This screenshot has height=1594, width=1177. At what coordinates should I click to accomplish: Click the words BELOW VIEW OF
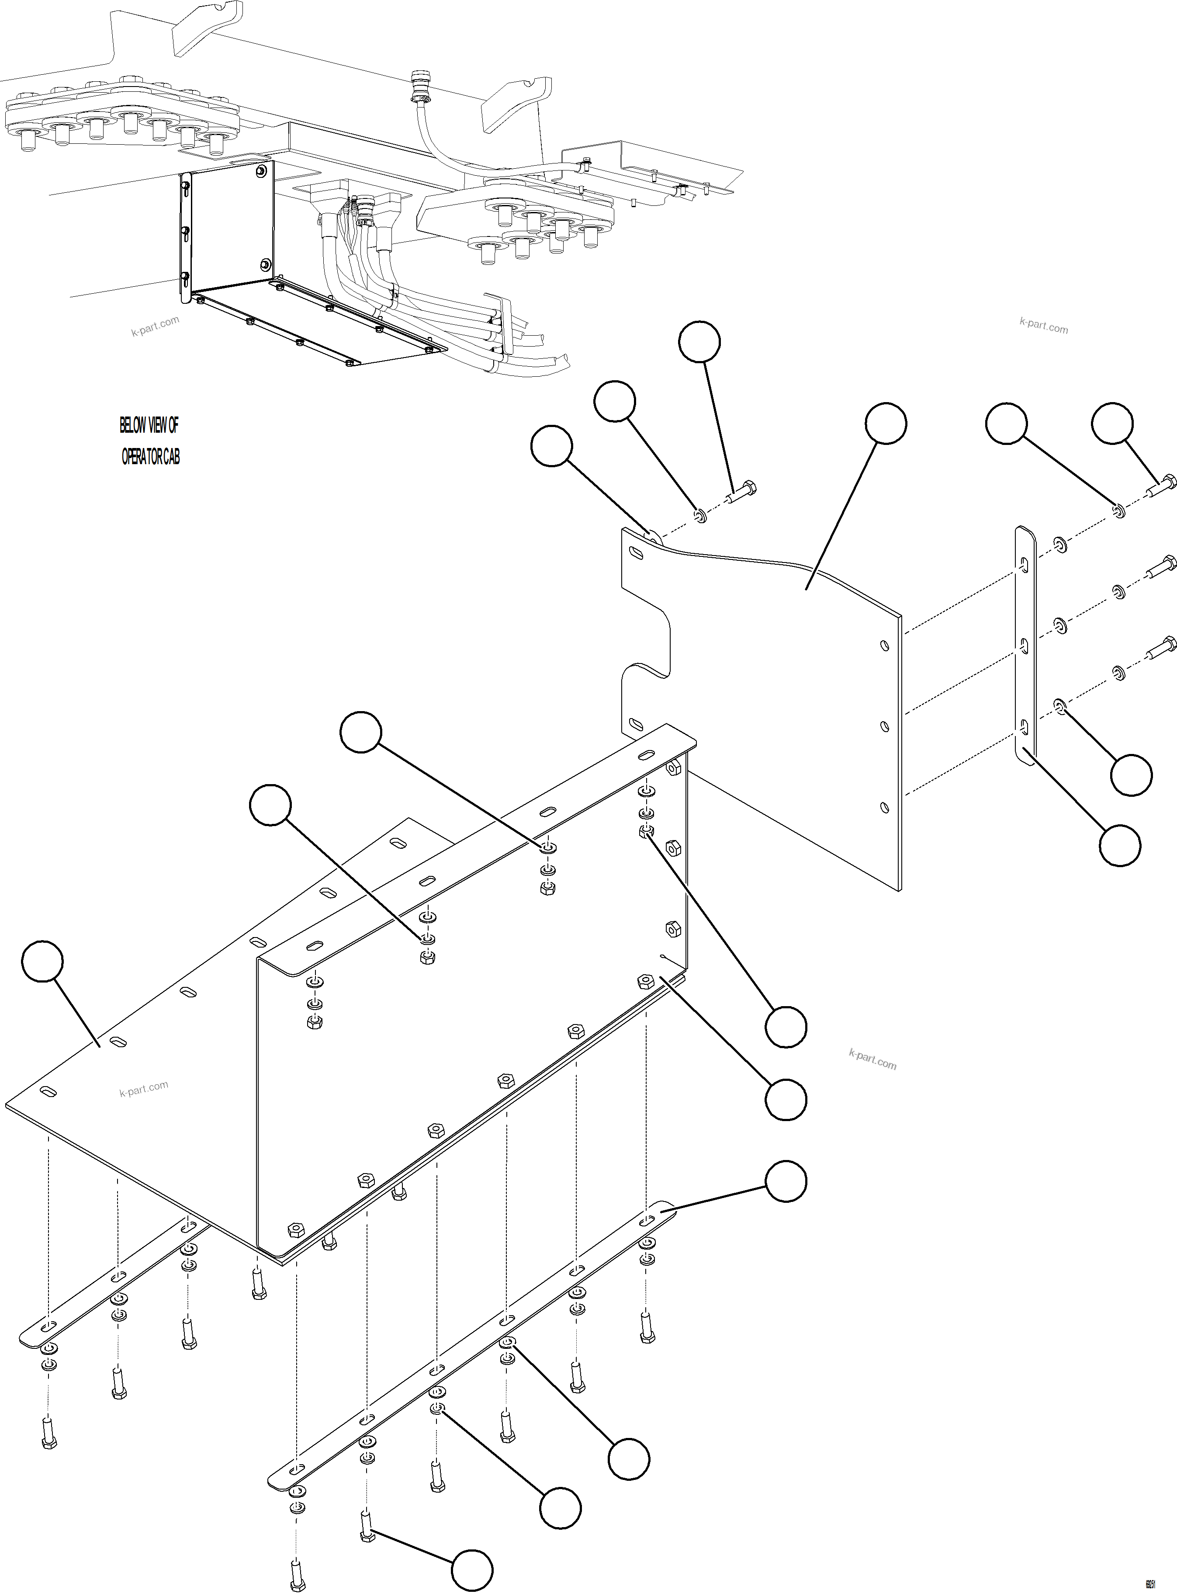click(149, 425)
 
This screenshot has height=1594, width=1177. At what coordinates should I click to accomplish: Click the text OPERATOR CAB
click(150, 457)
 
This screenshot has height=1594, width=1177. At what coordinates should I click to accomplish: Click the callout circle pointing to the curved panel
click(886, 424)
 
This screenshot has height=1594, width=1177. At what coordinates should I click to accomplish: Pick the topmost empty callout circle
click(699, 342)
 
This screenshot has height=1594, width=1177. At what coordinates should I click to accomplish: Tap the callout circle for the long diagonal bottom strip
click(786, 1181)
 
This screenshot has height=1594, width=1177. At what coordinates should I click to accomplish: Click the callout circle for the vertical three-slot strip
click(1119, 846)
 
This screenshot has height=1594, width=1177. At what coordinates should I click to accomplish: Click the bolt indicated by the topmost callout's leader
click(742, 493)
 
